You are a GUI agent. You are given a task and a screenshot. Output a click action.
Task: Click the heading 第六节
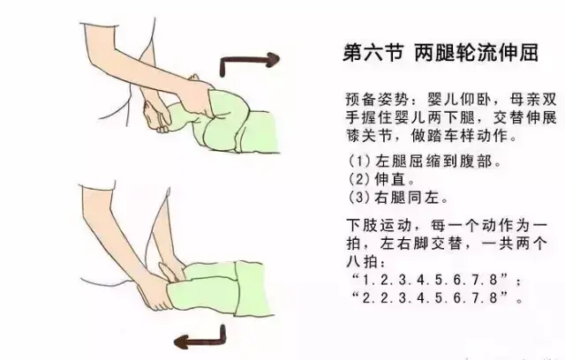(x=373, y=53)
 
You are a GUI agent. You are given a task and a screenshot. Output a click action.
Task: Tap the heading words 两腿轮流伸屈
(x=477, y=53)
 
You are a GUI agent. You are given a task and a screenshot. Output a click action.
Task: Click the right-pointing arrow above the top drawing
(x=250, y=61)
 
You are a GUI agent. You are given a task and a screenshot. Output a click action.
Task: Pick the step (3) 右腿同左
(x=398, y=198)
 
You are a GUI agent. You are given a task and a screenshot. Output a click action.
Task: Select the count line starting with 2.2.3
(x=436, y=298)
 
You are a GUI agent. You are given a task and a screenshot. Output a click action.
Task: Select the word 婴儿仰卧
(x=459, y=99)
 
